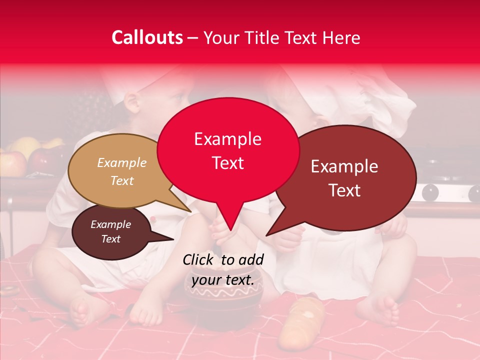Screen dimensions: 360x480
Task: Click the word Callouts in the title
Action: coord(147,37)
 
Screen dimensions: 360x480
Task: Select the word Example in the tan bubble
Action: coord(122,163)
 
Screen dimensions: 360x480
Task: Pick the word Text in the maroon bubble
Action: coord(345,190)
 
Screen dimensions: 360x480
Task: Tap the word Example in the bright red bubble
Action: coord(228,139)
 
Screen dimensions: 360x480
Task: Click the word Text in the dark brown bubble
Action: coord(111,239)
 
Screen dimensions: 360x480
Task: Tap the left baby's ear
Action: coord(131,102)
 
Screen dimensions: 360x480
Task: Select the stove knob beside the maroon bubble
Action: coord(430,192)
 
